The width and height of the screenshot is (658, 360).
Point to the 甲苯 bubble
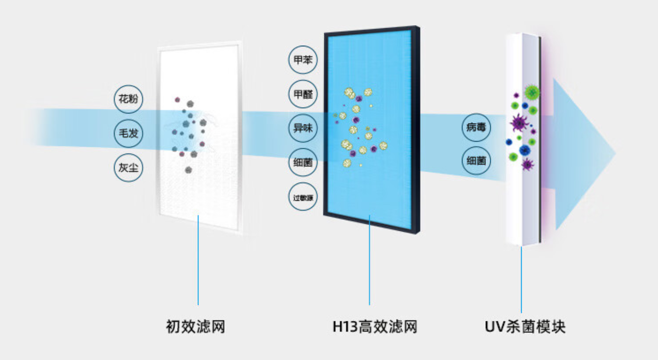302,60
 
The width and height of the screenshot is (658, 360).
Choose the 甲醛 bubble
302,94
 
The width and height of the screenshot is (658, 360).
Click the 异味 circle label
302,128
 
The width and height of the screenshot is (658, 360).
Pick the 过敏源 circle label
302,197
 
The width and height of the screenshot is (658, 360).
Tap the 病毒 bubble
476,128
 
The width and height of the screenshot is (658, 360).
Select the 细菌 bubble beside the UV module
476,162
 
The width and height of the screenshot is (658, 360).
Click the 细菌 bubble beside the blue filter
302,163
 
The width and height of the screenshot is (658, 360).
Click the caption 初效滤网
195,327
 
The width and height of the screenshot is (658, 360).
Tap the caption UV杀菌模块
525,327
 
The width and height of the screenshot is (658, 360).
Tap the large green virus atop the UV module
531,92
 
